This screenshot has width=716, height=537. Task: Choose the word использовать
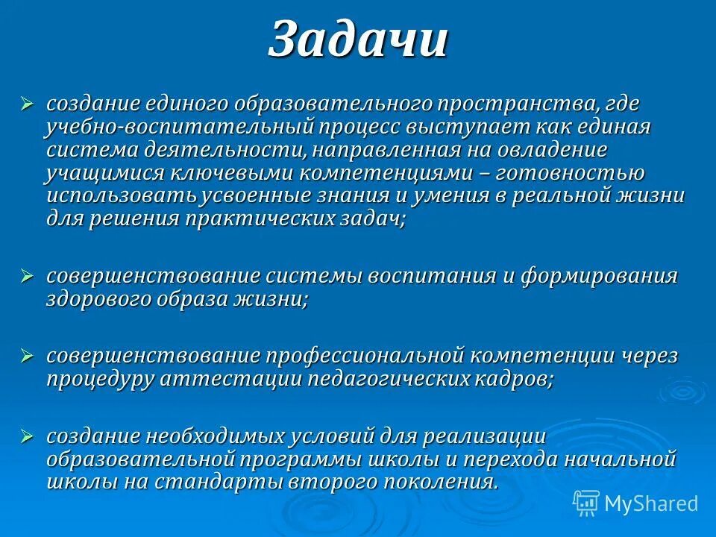pyautogui.click(x=121, y=196)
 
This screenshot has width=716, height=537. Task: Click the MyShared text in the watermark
pyautogui.click(x=651, y=503)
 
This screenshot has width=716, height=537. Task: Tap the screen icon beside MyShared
pyautogui.click(x=586, y=503)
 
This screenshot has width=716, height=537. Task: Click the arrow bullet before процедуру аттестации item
pyautogui.click(x=28, y=355)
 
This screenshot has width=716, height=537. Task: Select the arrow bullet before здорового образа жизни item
pyautogui.click(x=28, y=275)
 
